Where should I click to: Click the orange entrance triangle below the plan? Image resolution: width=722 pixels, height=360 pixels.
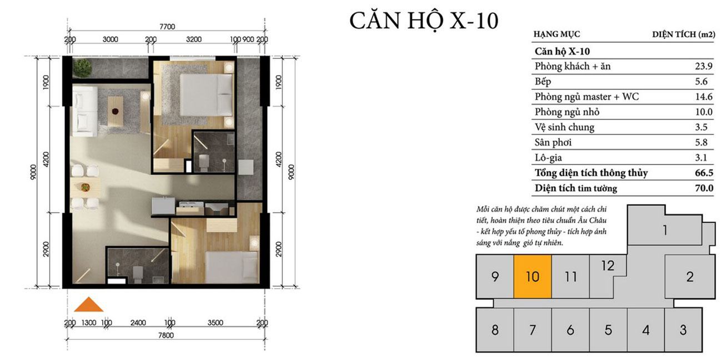point(89,305)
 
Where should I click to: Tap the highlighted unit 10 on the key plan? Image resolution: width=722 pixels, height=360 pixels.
point(533,277)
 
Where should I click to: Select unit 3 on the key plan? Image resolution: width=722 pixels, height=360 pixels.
point(683,329)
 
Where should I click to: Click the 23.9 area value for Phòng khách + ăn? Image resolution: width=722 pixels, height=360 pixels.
point(704,66)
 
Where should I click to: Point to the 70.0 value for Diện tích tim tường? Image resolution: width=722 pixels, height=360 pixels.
point(704,188)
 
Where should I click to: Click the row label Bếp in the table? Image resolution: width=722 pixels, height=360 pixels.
point(543,82)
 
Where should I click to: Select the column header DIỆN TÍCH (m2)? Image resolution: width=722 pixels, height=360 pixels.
point(684,34)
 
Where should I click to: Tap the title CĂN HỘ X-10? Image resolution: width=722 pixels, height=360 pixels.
point(424,21)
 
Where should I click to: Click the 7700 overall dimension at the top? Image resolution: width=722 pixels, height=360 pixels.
point(167,27)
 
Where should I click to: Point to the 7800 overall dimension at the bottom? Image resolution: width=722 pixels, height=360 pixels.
point(166,336)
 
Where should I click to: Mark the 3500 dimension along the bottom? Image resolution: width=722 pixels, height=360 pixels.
point(215,323)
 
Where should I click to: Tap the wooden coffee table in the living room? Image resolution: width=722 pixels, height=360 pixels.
point(116,112)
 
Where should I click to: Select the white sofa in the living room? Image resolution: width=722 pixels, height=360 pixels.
point(84,111)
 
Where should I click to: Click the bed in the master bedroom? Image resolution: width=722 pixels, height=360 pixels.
point(206,95)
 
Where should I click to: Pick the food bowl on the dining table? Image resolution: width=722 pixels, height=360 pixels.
point(85,187)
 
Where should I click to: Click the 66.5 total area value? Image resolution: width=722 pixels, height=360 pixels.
point(704,173)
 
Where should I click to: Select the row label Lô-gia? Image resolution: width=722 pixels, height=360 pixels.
point(548,158)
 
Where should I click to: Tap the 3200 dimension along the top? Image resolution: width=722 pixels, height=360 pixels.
point(194,39)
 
